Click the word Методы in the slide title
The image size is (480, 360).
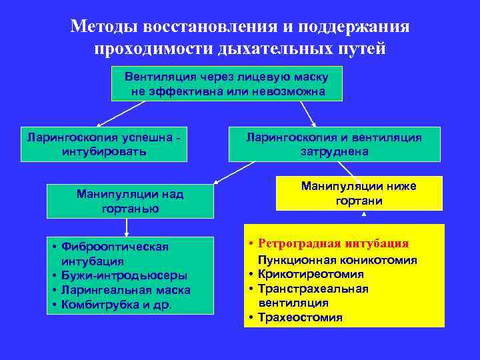pyautogui.click(x=101, y=27)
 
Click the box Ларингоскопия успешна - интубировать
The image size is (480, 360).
pyautogui.click(x=103, y=144)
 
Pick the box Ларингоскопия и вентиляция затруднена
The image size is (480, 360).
pyautogui.click(x=334, y=144)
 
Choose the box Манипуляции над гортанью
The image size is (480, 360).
pyautogui.click(x=130, y=201)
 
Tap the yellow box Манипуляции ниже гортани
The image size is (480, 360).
pyautogui.click(x=359, y=193)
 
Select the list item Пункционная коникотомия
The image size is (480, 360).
pyautogui.click(x=338, y=260)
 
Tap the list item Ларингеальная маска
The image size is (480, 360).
pyautogui.click(x=125, y=290)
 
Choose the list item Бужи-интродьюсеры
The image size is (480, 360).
pyautogui.click(x=124, y=275)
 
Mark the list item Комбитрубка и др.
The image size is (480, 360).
pyautogui.click(x=116, y=305)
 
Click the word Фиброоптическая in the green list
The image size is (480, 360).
pyautogui.click(x=115, y=247)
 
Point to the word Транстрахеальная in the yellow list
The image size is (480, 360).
pyautogui.click(x=323, y=289)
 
